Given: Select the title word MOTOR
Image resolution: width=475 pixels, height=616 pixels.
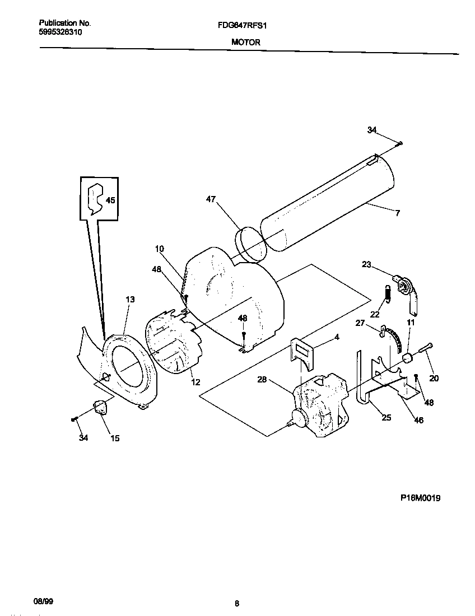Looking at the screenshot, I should pos(245,42).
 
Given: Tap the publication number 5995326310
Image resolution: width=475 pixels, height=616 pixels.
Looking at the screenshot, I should pos(60,32).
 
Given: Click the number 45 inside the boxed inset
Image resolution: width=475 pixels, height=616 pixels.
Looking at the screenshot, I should pos(110,200).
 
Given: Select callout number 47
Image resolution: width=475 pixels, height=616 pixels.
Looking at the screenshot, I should pos(210,199).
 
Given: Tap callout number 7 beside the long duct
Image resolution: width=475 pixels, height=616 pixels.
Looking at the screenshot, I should pos(397,213).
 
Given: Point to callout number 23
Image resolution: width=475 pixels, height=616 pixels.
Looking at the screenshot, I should pos(366,265).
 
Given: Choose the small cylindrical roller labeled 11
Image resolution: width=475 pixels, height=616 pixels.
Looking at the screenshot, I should pos(408,358).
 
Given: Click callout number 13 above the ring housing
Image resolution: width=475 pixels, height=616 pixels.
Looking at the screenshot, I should pos(130,300).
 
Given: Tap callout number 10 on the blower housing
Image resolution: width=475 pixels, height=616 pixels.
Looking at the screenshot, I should pos(159,248).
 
